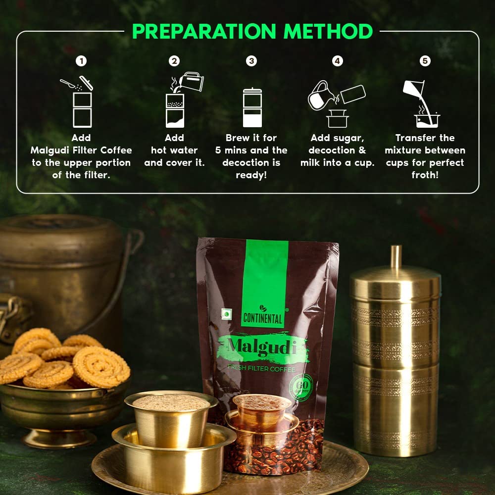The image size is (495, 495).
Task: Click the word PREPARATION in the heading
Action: click(x=204, y=31)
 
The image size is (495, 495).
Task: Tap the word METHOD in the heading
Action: click(x=328, y=31)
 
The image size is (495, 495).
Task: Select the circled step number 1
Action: click(x=81, y=61)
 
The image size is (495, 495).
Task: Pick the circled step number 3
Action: click(x=251, y=61)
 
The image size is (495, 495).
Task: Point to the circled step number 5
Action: click(x=425, y=61)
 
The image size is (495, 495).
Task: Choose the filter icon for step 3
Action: click(x=252, y=107)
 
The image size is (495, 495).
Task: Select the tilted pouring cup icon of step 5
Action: click(x=413, y=89)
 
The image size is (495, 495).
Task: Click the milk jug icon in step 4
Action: click(x=319, y=96)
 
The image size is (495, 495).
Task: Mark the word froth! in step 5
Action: click(x=425, y=175)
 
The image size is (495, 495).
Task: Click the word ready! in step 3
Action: click(x=251, y=175)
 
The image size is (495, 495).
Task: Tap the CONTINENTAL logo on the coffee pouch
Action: click(x=263, y=315)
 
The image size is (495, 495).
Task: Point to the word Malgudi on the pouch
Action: click(x=262, y=347)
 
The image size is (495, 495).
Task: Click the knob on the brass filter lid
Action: click(x=396, y=257)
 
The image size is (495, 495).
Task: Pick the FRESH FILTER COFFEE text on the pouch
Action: click(x=262, y=368)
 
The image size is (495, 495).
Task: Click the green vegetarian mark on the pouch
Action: click(x=226, y=314)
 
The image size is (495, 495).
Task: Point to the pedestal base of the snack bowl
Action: click(x=59, y=438)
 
